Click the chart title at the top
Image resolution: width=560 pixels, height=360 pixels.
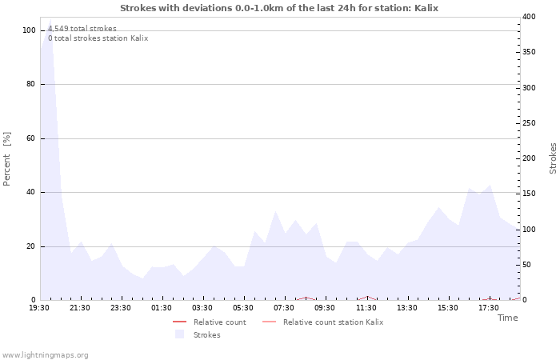[279, 8]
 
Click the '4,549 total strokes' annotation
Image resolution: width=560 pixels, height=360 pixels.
[82, 29]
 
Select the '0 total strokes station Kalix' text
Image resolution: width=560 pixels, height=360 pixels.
[98, 38]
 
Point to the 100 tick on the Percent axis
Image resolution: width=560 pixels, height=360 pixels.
[29, 30]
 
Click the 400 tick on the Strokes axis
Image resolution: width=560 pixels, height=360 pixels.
[529, 17]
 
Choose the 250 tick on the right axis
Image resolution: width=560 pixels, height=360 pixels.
[529, 123]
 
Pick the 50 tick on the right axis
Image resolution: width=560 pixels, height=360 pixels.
[526, 265]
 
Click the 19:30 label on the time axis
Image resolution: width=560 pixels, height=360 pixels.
[39, 308]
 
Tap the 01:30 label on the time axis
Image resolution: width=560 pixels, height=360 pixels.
[162, 308]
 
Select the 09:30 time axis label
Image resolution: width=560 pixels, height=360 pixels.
[325, 308]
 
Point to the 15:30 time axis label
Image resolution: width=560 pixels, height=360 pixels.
[448, 308]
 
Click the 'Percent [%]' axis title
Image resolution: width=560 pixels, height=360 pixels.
[7, 158]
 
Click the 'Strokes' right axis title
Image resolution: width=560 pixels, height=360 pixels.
[553, 158]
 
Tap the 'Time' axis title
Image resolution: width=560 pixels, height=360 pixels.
[507, 318]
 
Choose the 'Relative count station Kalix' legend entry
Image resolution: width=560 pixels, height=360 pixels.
[333, 322]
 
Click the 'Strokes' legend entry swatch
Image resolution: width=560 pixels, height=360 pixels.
[179, 334]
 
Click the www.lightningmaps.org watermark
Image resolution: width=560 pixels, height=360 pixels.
[45, 355]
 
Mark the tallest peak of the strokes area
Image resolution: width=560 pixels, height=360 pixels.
[50, 21]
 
